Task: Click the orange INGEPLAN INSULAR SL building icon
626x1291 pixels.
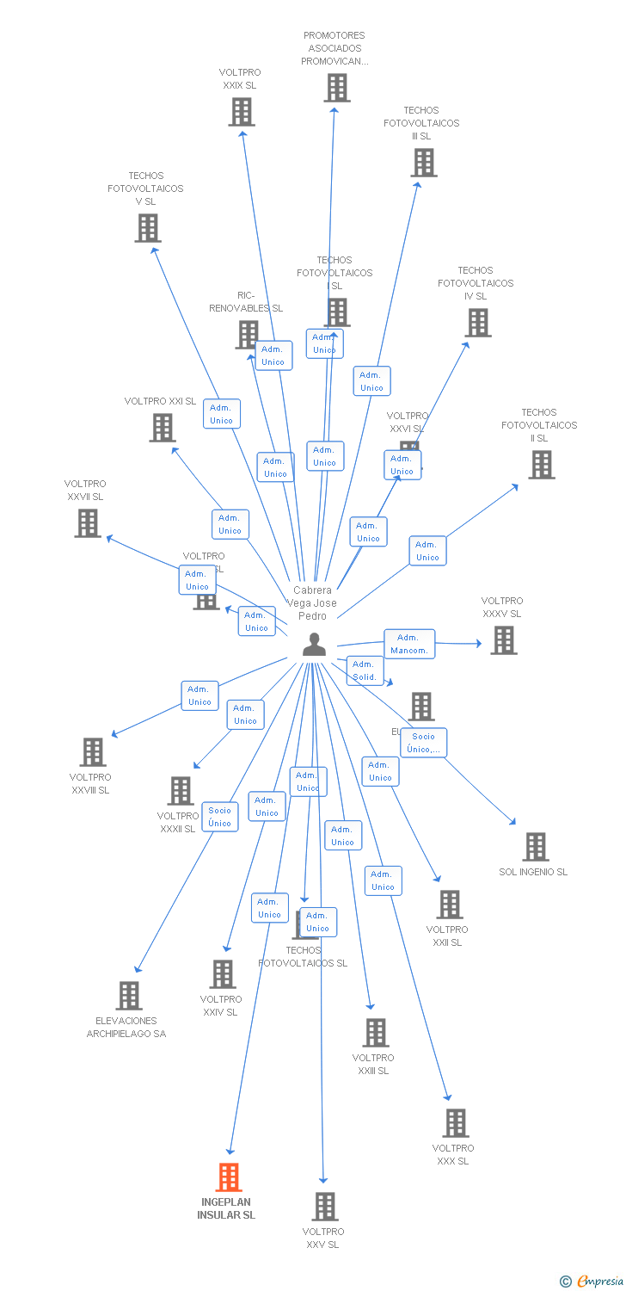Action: click(x=229, y=1177)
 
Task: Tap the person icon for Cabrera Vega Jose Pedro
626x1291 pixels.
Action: click(x=315, y=645)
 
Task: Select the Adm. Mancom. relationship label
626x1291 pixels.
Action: click(x=409, y=644)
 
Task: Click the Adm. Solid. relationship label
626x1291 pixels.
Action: click(x=364, y=670)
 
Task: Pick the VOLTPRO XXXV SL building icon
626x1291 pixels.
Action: click(x=504, y=640)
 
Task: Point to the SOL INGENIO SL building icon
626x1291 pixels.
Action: click(x=536, y=847)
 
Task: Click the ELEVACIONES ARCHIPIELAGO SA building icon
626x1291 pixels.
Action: click(x=129, y=996)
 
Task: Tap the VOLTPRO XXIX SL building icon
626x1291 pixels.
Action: click(x=242, y=112)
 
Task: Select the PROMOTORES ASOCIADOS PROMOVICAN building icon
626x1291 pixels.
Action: click(x=337, y=88)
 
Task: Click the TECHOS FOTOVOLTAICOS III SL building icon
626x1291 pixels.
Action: click(x=423, y=163)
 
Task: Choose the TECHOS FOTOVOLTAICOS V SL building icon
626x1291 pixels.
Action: click(x=148, y=228)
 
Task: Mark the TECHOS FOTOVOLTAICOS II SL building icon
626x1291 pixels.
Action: click(x=541, y=465)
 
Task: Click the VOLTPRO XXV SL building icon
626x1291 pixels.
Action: click(x=325, y=1207)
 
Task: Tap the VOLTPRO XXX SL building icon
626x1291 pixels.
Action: click(x=456, y=1123)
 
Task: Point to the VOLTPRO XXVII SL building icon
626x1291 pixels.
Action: click(x=88, y=523)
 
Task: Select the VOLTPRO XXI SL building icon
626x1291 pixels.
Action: click(x=163, y=428)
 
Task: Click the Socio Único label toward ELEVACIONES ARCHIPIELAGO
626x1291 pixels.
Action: click(x=220, y=817)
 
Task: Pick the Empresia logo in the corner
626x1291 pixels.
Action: click(x=591, y=1282)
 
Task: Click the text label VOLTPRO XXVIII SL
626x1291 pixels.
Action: click(x=90, y=784)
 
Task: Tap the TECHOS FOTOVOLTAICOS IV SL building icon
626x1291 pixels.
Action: click(x=478, y=323)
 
